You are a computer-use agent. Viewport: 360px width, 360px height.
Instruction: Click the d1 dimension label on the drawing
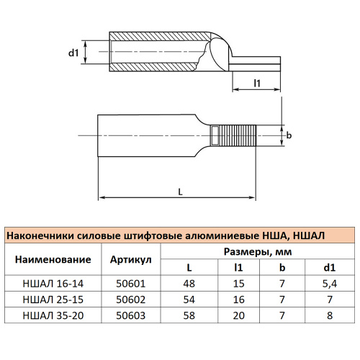click(73, 52)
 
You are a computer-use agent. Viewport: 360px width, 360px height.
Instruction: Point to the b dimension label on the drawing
click(289, 135)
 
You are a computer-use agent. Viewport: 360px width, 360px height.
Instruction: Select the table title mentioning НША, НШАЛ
click(166, 235)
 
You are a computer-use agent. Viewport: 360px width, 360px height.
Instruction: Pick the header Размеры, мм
click(256, 251)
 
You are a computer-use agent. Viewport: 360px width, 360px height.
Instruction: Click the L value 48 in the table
click(189, 284)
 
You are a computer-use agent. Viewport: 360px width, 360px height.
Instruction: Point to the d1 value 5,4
click(329, 284)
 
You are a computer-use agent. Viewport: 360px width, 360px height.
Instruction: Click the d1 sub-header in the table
click(329, 268)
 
